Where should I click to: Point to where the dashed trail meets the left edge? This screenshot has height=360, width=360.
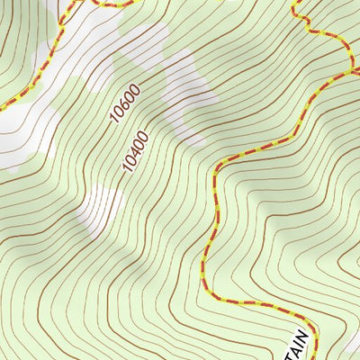[2, 107]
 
